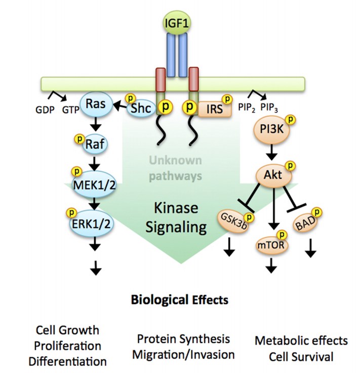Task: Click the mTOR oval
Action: click(x=271, y=245)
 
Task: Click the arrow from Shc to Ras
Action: click(x=120, y=105)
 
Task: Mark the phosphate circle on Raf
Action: click(x=78, y=137)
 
